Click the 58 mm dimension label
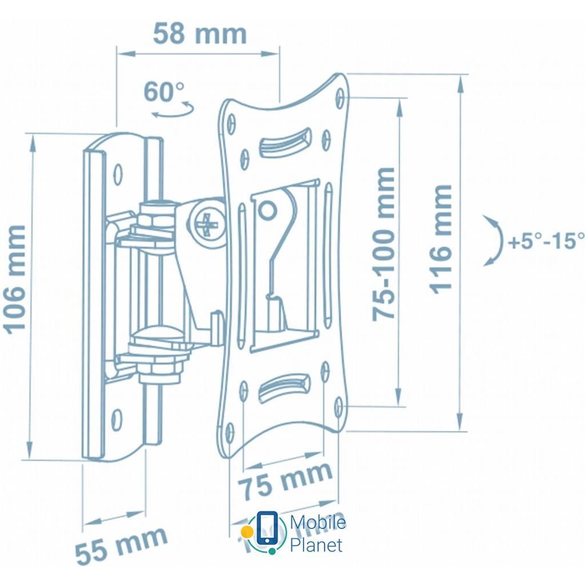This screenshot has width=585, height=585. click(199, 34)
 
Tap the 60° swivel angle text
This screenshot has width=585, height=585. click(164, 91)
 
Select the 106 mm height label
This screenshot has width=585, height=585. click(15, 278)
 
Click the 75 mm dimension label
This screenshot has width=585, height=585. click(285, 479)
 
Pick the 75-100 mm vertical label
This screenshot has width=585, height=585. click(383, 244)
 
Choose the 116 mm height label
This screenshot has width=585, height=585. click(440, 239)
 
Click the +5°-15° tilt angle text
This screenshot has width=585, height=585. click(546, 241)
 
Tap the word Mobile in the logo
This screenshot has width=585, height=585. click(318, 523)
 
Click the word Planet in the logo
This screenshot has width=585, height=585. click(316, 544)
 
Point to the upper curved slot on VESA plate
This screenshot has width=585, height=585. click(284, 142)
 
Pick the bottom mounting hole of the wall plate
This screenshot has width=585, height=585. click(117, 419)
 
